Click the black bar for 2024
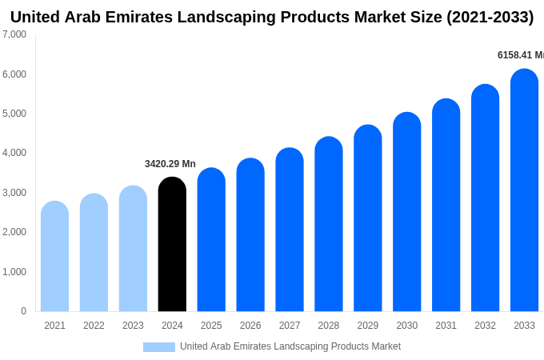click(172, 245)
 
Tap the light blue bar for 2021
click(54, 257)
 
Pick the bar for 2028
click(329, 225)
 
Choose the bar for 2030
click(406, 212)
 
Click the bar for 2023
click(133, 249)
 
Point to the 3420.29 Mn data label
click(170, 164)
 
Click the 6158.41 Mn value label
click(520, 55)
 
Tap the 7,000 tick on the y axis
click(14, 34)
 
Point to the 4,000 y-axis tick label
click(14, 153)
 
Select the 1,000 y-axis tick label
click(14, 272)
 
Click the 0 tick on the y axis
click(23, 311)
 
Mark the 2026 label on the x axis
click(250, 326)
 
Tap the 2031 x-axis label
click(446, 326)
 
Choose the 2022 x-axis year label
click(94, 326)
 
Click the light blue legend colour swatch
click(158, 347)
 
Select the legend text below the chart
click(290, 346)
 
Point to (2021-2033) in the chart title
click(490, 17)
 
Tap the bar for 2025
click(211, 240)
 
